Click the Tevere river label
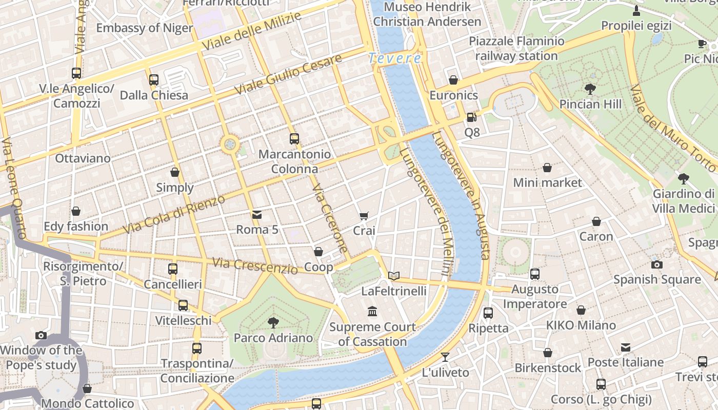[394, 58]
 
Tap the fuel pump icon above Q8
[471, 117]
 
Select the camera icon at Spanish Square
[656, 264]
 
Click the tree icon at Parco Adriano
[273, 322]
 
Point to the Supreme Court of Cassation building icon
[372, 311]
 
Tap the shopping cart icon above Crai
[364, 216]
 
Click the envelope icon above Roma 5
[256, 215]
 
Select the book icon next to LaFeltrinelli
[393, 276]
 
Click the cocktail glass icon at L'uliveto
[445, 357]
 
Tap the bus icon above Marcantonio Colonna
[294, 138]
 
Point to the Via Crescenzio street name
[254, 266]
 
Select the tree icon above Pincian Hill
[590, 89]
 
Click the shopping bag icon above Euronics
[453, 80]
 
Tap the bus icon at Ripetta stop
[488, 313]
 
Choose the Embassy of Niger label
[144, 28]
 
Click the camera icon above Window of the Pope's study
[41, 335]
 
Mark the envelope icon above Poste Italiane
[625, 347]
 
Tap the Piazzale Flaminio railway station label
[516, 48]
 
